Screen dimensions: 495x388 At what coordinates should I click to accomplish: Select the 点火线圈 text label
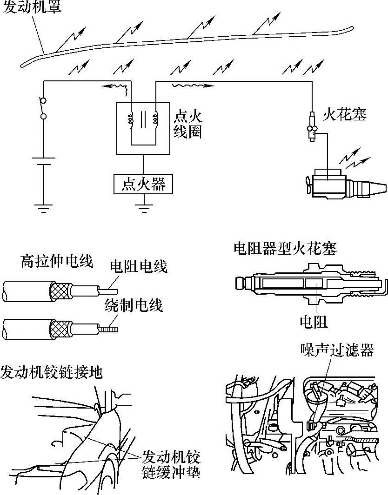click(188, 124)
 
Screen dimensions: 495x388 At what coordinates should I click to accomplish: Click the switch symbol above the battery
click(43, 108)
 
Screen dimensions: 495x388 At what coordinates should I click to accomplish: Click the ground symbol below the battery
click(43, 206)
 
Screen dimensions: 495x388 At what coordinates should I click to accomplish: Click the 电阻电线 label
click(138, 267)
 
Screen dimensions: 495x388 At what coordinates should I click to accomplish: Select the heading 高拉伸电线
click(56, 262)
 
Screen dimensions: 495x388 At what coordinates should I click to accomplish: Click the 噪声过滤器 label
click(337, 350)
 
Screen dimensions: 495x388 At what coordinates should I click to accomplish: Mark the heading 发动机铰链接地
click(52, 372)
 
